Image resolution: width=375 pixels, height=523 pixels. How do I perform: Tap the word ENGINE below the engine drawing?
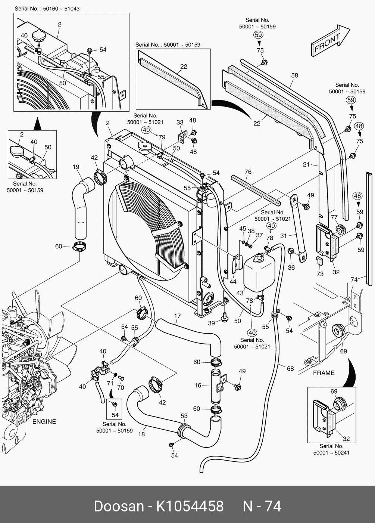click(x=44, y=422)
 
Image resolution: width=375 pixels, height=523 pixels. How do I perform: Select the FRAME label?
click(x=324, y=373)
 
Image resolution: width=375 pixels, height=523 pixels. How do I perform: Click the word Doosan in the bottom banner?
click(x=119, y=507)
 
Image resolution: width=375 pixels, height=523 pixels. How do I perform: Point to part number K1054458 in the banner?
click(x=190, y=507)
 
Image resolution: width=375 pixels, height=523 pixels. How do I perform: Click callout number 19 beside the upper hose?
click(x=76, y=167)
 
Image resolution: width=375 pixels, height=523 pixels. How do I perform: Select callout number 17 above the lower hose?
click(x=177, y=316)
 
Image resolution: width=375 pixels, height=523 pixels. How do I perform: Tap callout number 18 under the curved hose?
click(x=141, y=434)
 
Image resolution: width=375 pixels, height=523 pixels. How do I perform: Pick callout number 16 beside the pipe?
click(x=198, y=386)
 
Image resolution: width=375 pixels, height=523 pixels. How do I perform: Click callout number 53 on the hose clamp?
click(x=184, y=416)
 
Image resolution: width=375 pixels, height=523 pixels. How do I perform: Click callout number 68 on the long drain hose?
click(x=290, y=369)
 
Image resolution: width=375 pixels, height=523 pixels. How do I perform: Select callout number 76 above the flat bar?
click(x=248, y=172)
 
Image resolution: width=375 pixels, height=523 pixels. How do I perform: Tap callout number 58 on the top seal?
click(x=294, y=75)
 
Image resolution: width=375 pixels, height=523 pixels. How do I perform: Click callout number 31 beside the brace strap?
click(x=284, y=236)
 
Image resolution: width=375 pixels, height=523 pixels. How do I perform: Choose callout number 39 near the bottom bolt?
click(x=212, y=323)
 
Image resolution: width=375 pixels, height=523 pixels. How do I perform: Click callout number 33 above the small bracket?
click(x=180, y=123)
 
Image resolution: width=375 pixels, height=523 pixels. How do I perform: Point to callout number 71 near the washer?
click(x=110, y=384)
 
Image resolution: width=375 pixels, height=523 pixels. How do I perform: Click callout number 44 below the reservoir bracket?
click(x=233, y=282)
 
